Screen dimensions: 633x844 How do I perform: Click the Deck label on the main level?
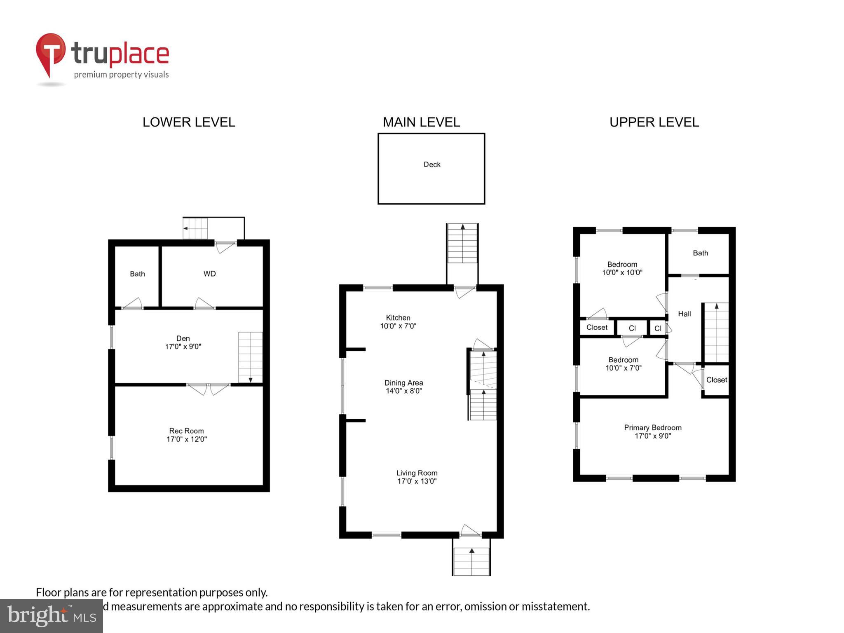click(x=432, y=164)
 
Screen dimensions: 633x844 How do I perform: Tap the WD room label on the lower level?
click(x=209, y=274)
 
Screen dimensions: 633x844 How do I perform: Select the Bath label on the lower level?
click(x=137, y=274)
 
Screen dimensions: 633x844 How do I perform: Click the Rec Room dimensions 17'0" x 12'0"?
click(x=186, y=439)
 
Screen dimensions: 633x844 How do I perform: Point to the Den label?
click(x=183, y=338)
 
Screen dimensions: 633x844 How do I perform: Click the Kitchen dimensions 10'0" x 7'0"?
click(x=398, y=326)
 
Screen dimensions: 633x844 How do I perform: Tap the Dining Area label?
click(x=403, y=383)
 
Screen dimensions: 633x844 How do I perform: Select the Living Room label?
click(x=417, y=473)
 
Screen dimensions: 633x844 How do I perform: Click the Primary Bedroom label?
click(x=652, y=428)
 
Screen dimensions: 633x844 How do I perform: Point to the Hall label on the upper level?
click(x=684, y=314)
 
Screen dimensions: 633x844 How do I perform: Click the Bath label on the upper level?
click(x=700, y=253)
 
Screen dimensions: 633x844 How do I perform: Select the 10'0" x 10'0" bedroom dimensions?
click(x=622, y=272)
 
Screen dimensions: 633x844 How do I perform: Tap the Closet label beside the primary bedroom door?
click(x=717, y=380)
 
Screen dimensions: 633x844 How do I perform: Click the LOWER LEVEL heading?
click(x=189, y=122)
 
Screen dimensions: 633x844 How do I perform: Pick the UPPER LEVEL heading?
click(x=654, y=122)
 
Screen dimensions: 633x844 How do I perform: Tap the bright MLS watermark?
click(x=52, y=616)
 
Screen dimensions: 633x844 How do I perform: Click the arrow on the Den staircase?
click(x=250, y=379)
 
